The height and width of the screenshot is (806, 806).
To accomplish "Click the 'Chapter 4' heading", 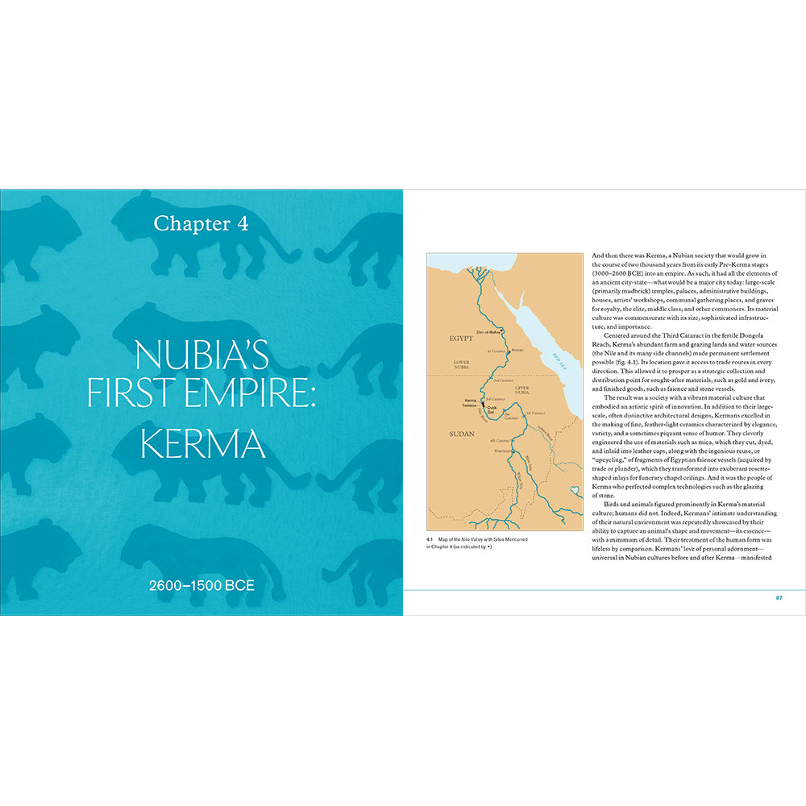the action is click(x=201, y=224).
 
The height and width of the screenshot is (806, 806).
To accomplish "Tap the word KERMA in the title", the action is click(x=202, y=445).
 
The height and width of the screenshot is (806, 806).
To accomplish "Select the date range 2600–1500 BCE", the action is click(x=201, y=584).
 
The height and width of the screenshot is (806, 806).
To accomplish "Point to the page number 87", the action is click(x=779, y=597).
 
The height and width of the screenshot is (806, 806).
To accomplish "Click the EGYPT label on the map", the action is click(x=461, y=339).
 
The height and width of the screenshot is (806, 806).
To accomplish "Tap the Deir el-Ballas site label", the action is click(x=488, y=331).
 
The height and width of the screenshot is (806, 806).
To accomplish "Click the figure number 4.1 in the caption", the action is click(x=430, y=538).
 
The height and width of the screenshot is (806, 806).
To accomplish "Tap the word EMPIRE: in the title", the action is click(x=254, y=397).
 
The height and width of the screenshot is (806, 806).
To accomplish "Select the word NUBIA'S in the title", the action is click(x=201, y=355).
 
